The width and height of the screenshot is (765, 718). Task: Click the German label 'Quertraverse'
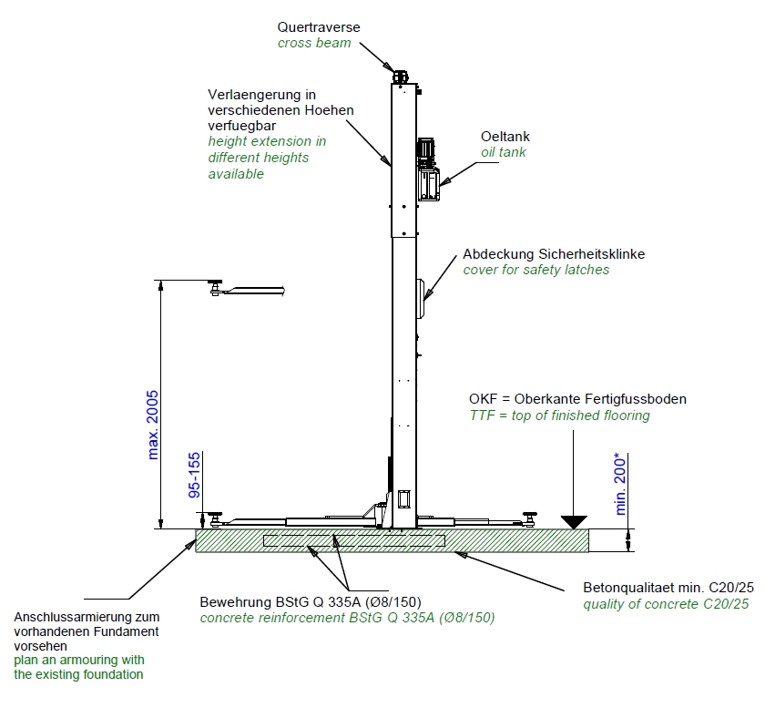coord(318,27)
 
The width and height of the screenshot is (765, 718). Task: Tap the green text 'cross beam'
coord(314,43)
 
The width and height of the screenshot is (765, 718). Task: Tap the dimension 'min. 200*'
coord(622,482)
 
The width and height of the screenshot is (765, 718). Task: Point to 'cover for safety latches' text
coord(535,270)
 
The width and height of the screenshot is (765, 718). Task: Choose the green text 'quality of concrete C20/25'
coord(667,603)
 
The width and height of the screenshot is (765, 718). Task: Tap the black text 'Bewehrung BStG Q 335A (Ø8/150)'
coord(347,602)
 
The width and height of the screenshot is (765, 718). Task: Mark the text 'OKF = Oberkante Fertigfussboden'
coord(577,399)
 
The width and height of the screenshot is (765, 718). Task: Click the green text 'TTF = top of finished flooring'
coord(559,415)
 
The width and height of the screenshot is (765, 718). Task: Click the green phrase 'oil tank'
coord(504,152)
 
